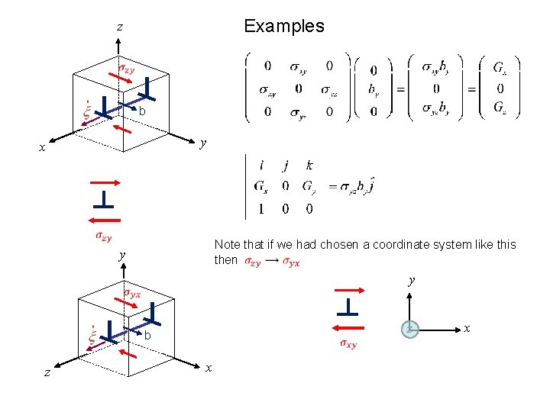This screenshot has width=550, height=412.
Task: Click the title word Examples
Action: [x=283, y=26]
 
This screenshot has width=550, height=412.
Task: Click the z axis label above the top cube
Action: [x=120, y=27]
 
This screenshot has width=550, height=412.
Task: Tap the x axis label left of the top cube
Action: [x=42, y=148]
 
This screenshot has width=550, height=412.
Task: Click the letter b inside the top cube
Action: [x=142, y=111]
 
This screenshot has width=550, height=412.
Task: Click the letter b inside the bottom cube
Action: [x=147, y=336]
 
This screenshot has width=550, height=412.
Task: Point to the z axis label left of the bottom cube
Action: [x=47, y=372]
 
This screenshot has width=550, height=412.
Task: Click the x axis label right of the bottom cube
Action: [x=209, y=368]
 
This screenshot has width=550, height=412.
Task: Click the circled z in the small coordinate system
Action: [x=410, y=329]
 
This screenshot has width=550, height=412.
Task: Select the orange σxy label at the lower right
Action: [x=348, y=344]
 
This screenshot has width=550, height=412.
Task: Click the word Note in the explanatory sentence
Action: [x=227, y=245]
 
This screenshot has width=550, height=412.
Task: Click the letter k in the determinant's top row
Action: [x=309, y=165]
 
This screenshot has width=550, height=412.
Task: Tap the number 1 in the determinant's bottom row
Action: [x=262, y=208]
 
